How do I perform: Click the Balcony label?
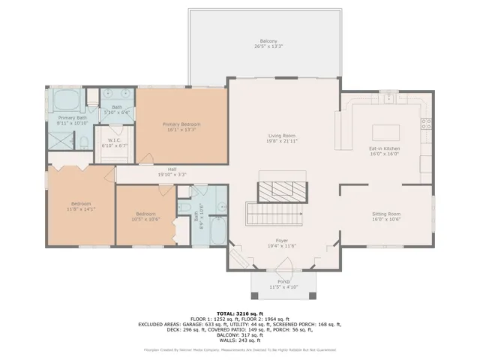click(268, 40)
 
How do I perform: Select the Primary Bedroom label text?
click(182, 124)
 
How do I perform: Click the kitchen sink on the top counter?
click(388, 98)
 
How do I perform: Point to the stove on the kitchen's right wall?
click(426, 123)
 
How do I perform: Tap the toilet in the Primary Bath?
click(85, 142)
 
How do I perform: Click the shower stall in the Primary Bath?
click(60, 140)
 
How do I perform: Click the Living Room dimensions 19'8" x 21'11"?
click(283, 142)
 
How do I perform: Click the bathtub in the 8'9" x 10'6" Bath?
click(217, 230)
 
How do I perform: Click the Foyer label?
click(283, 240)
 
